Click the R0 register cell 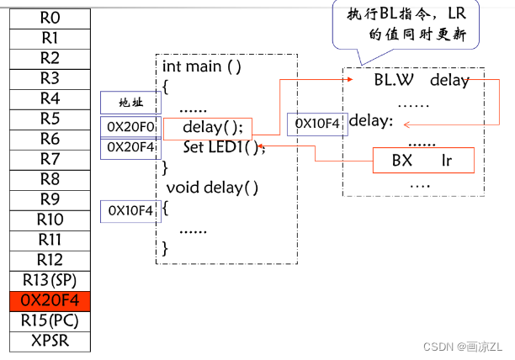click(50, 17)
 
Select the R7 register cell click(50, 159)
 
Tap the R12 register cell click(50, 260)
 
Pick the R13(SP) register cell click(50, 280)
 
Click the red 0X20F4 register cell click(50, 300)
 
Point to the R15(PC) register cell click(50, 320)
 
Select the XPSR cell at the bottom click(50, 341)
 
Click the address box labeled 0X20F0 click(130, 128)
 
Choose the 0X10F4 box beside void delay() click(130, 211)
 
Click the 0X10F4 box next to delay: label click(316, 124)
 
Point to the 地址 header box click(130, 103)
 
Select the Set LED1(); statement click(224, 147)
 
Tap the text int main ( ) click(202, 66)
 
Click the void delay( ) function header click(212, 186)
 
